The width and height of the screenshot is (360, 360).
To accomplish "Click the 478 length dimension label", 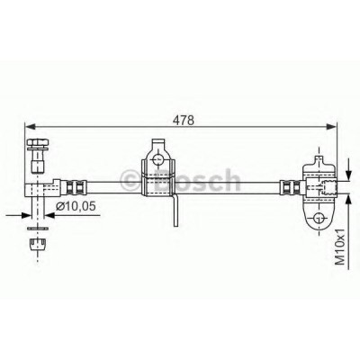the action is coord(184,120).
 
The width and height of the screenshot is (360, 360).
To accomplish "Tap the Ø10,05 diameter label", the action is coord(76,206).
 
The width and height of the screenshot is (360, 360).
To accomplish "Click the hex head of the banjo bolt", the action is coord(38,142).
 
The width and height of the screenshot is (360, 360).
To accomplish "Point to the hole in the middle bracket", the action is coord(157,159).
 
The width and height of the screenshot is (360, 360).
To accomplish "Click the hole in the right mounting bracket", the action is coord(319,218).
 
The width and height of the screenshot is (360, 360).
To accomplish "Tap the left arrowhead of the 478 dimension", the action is coord(31,127).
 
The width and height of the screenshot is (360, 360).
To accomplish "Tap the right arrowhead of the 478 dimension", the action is coord(331,127).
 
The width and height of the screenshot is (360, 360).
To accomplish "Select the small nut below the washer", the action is coord(38,244).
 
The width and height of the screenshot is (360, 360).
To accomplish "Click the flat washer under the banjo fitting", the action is coord(38,229).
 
